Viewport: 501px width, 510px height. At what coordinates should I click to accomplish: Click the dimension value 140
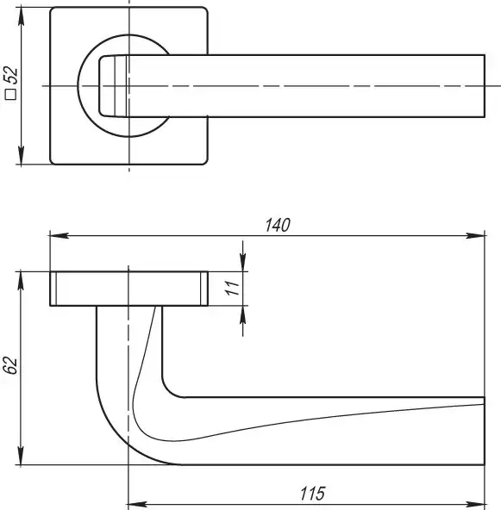[x=278, y=225]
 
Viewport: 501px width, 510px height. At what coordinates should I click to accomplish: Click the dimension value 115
[x=312, y=494]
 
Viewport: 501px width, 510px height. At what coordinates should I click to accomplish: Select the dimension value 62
[x=9, y=365]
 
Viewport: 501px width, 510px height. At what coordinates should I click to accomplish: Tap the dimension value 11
[x=233, y=288]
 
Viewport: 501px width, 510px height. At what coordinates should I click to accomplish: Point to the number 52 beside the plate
[x=10, y=74]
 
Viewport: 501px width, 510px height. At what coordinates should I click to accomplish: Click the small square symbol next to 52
[x=10, y=94]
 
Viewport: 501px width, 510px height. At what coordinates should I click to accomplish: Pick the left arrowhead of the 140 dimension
[x=59, y=235]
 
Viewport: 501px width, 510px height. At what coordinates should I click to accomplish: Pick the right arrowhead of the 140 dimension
[x=475, y=235]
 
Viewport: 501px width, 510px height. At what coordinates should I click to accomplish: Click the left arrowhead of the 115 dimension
[x=138, y=505]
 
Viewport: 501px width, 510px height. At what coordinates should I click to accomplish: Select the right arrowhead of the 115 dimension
[x=475, y=505]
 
